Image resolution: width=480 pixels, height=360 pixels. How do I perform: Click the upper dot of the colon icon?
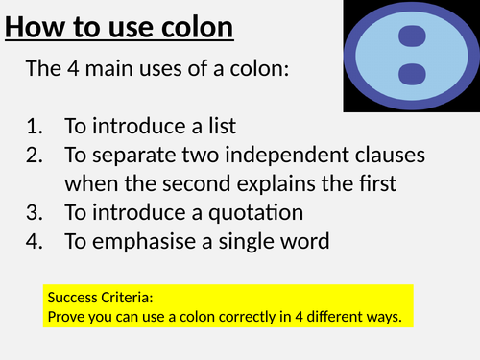pyautogui.click(x=411, y=36)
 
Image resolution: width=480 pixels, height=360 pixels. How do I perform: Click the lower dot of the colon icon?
pyautogui.click(x=411, y=73)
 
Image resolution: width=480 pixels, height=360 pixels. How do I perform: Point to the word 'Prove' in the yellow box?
pyautogui.click(x=64, y=314)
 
